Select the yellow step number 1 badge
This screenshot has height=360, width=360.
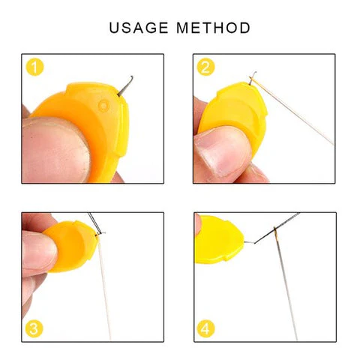(35, 67)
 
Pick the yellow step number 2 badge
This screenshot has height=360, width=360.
(206, 67)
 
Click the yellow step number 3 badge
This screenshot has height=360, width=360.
(35, 328)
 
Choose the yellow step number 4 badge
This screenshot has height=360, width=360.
(206, 328)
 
